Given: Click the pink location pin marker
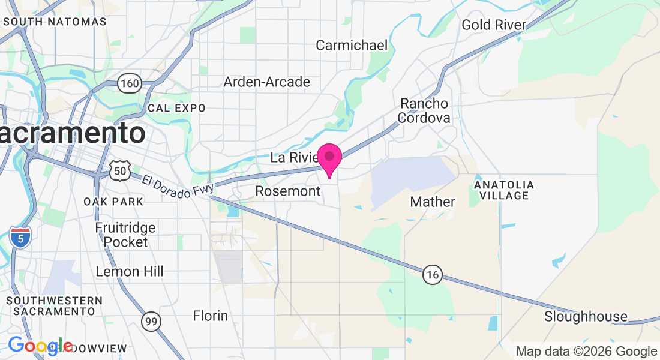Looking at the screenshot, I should (329, 158).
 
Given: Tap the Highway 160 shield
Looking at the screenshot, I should (129, 83).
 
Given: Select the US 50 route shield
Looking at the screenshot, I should (120, 172).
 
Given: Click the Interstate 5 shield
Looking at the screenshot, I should (20, 238).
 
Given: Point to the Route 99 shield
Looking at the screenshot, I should (151, 322).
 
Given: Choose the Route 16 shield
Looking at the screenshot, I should (432, 275).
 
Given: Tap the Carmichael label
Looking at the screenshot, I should (352, 45).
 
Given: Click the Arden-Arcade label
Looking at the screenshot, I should (267, 82).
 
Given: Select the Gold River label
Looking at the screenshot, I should (494, 25).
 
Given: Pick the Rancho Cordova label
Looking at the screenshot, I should (425, 110).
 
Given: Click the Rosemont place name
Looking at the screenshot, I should (288, 191).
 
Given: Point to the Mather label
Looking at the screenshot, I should (433, 202).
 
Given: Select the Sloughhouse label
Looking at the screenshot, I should (586, 316).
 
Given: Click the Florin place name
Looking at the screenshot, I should (210, 315).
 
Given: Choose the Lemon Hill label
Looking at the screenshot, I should (129, 272).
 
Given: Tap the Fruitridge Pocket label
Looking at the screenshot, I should (125, 235).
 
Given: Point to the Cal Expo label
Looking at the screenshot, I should (176, 108).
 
